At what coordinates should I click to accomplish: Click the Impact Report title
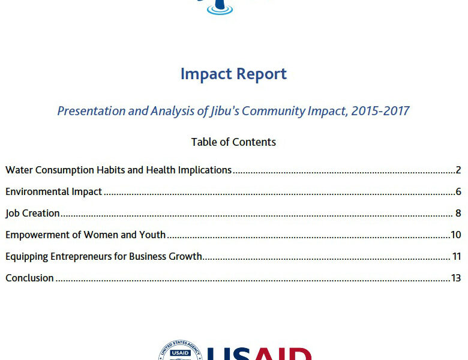tap(233, 74)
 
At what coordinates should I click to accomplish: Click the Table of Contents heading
tap(233, 142)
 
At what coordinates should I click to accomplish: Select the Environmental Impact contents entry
tap(54, 191)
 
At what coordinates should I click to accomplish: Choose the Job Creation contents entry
tap(32, 214)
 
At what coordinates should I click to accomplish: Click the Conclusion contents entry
tap(29, 278)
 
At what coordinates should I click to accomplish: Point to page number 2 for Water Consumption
tap(458, 170)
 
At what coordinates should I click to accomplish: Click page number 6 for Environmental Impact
tap(458, 191)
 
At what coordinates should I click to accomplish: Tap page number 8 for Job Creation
tap(458, 213)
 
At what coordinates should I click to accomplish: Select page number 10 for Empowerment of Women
tap(456, 235)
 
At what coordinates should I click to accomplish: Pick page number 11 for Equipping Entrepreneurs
tap(457, 256)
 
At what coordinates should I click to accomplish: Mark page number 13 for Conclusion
tap(456, 278)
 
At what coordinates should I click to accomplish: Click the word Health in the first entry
tap(161, 170)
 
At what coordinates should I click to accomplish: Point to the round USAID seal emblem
tap(181, 350)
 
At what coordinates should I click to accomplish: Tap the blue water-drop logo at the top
tap(220, 7)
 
